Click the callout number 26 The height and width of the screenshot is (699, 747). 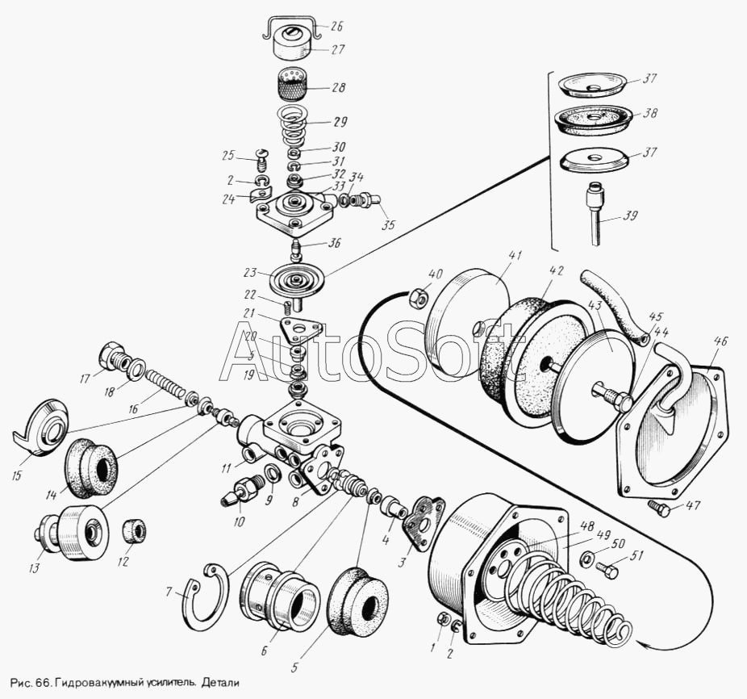(336, 26)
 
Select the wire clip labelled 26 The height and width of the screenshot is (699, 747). (290, 27)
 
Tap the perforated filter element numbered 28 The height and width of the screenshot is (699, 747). (291, 84)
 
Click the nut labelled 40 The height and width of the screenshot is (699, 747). (418, 299)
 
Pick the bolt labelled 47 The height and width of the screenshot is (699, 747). (660, 508)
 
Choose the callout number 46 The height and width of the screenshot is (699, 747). (720, 341)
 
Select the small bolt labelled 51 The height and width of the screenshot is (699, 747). (607, 569)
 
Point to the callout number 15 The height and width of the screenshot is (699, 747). (17, 475)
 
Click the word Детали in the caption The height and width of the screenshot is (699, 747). (220, 683)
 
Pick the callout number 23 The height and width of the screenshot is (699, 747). (250, 273)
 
